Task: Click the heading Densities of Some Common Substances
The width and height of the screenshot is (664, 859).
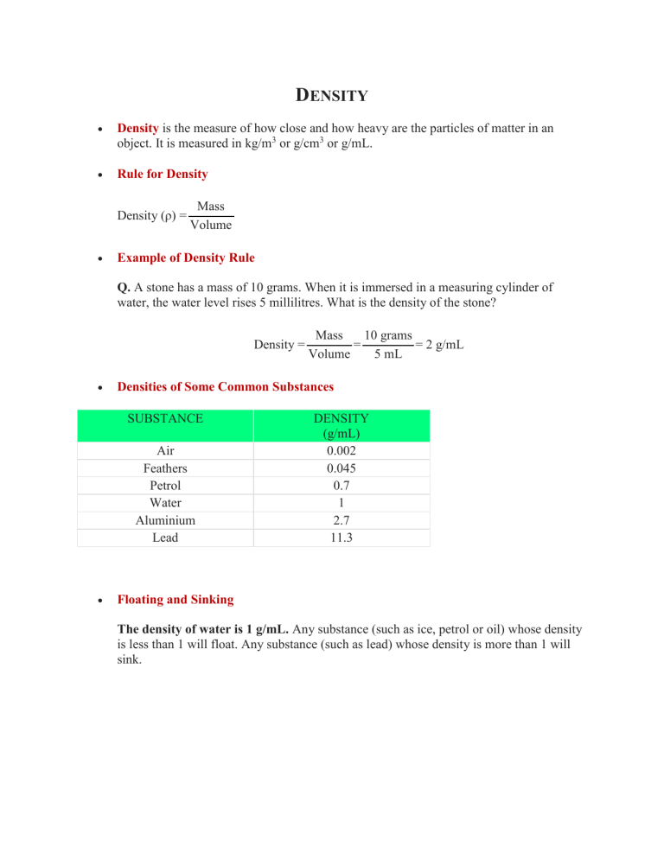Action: point(226,385)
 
